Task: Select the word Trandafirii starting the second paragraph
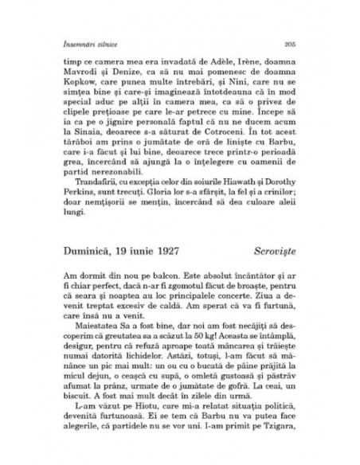[91, 197]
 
